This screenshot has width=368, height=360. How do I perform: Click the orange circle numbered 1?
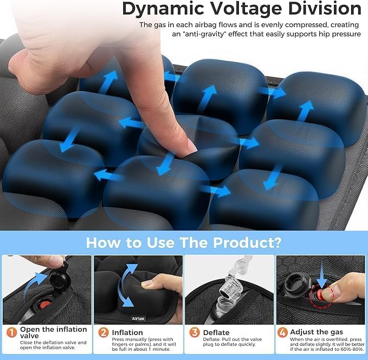coord(10,331)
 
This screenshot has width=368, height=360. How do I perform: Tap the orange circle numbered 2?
coord(102,331)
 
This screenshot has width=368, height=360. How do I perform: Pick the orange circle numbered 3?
coord(193,331)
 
